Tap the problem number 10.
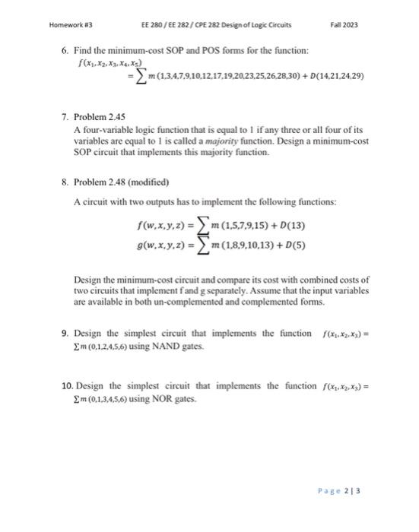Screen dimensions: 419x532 tap(66, 388)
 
